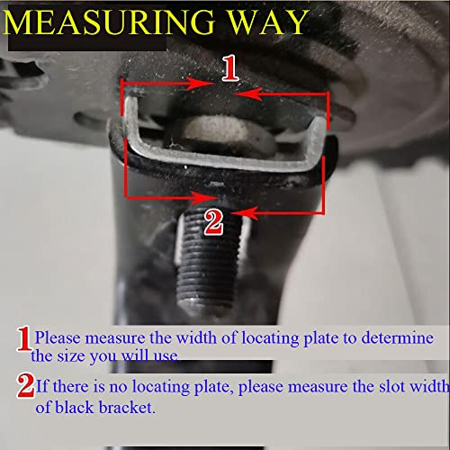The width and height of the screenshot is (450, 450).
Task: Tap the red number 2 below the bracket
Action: (213, 220)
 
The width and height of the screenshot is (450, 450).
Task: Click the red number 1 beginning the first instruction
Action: (24, 338)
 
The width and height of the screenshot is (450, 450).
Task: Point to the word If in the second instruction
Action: (41, 387)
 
